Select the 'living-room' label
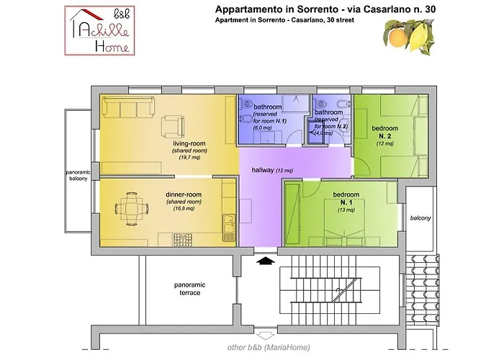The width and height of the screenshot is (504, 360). [x=189, y=143]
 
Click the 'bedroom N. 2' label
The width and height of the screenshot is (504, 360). [x=384, y=132]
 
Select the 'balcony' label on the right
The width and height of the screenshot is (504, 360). [x=420, y=218]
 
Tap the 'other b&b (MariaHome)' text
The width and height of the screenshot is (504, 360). [x=269, y=347]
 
